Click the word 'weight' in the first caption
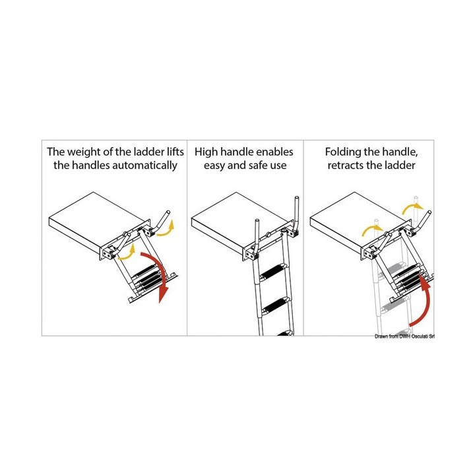[x=84, y=152]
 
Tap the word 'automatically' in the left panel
[x=144, y=166]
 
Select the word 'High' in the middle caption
[x=206, y=152]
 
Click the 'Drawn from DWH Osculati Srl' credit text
[x=404, y=336]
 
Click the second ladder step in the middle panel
[x=276, y=306]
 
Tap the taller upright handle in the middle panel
[x=295, y=216]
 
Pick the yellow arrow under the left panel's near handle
[x=127, y=253]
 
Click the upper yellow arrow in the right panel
[x=412, y=208]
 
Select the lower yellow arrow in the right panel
[x=373, y=230]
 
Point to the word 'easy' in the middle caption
[x=214, y=166]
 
